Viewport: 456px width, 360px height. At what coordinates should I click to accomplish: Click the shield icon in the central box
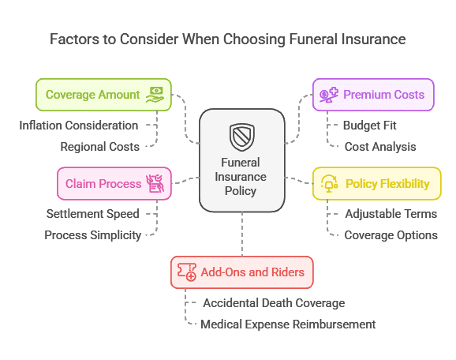pos(242,137)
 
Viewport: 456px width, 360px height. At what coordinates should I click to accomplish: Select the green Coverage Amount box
pos(103,95)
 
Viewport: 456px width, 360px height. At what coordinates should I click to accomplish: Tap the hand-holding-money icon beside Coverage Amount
pos(155,95)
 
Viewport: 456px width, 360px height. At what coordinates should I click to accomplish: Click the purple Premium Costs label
pos(383,95)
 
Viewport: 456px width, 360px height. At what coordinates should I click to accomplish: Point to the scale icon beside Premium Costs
pos(329,95)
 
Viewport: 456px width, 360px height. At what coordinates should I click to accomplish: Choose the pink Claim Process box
pos(114,184)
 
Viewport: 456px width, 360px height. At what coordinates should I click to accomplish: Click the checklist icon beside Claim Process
pos(155,184)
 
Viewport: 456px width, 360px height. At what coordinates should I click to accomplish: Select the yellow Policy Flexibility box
pos(377,184)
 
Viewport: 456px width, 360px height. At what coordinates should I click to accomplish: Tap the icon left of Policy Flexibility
pos(329,184)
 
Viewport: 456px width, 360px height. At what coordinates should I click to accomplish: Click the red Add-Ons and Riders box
pos(242,272)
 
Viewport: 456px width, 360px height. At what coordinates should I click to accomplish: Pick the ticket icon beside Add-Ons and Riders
pos(187,272)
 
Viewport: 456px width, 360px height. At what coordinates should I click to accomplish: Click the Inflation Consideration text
pos(79,126)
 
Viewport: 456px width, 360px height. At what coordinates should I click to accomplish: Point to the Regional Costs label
pos(99,147)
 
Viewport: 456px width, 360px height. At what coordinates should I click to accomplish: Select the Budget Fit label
pos(370,126)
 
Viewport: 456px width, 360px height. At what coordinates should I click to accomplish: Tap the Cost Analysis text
pos(380,147)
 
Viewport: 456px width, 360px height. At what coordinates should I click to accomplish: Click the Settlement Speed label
pos(93,214)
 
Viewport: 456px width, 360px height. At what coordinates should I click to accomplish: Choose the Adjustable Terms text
pos(391,214)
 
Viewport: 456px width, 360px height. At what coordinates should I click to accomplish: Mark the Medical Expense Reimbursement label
pos(288,324)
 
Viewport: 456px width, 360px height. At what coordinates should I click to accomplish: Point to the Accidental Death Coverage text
pos(274,303)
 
